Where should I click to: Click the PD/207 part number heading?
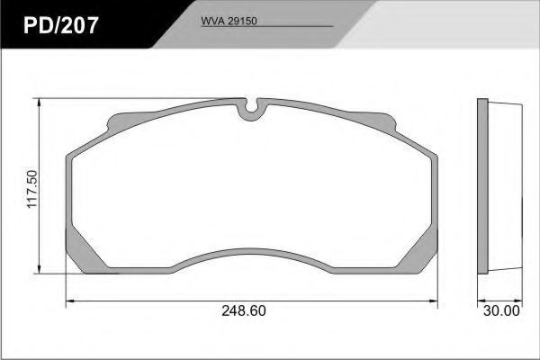pyautogui.click(x=61, y=25)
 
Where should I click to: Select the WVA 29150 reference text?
pyautogui.click(x=229, y=21)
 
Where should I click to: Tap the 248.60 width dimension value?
pyautogui.click(x=244, y=310)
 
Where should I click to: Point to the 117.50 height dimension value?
pyautogui.click(x=32, y=189)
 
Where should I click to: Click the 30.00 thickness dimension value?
pyautogui.click(x=502, y=311)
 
